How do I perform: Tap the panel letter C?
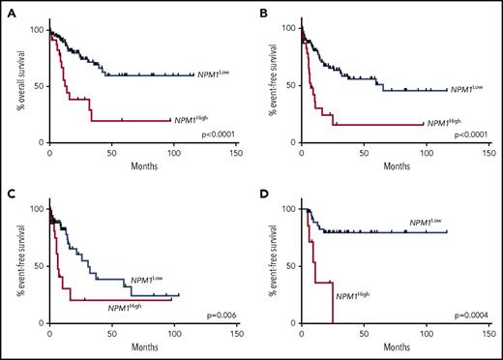pos(12,191)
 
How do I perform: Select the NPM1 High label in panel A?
pos(194,119)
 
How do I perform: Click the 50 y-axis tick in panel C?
pos(37,265)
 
